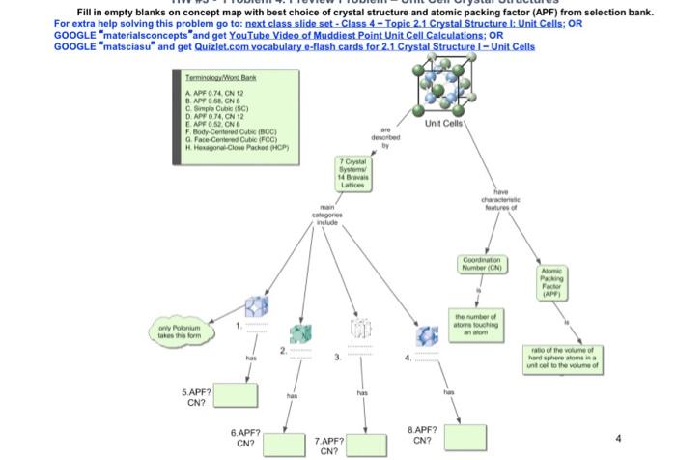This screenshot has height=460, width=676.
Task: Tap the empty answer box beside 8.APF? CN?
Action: point(461,436)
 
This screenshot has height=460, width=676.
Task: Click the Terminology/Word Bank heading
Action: point(222,76)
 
